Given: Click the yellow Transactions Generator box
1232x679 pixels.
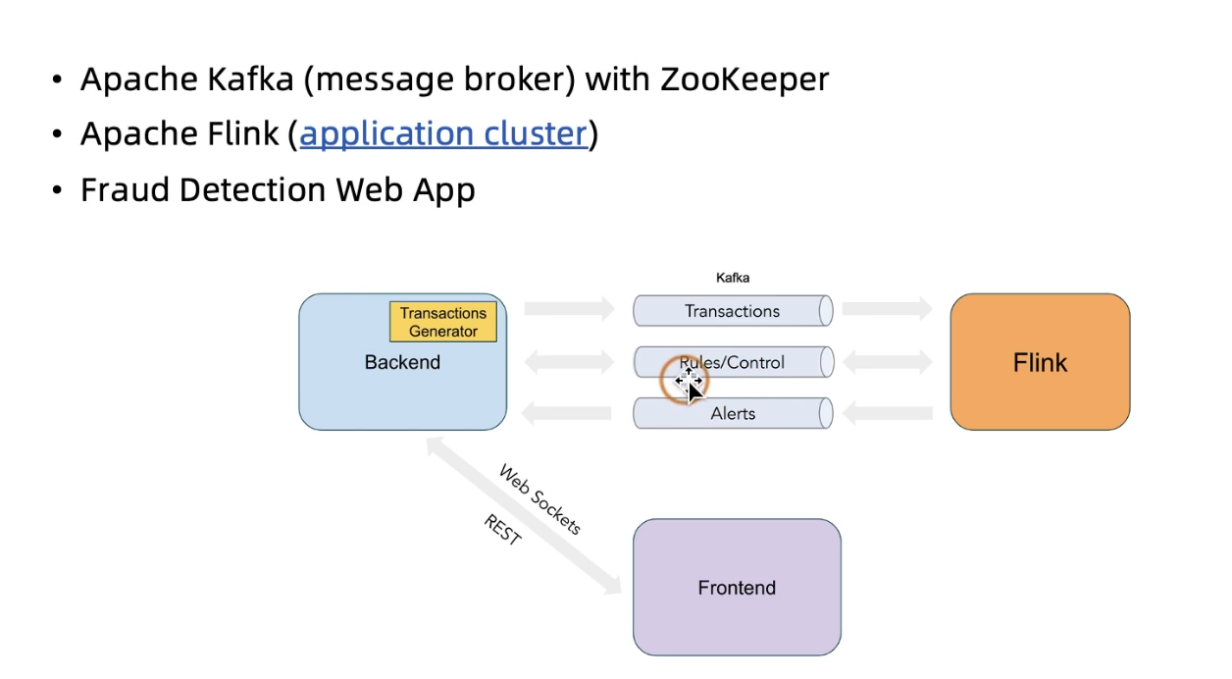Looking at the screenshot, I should [x=443, y=322].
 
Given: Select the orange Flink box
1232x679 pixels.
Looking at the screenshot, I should [x=1040, y=362].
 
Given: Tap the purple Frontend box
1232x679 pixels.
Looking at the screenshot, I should [x=737, y=587].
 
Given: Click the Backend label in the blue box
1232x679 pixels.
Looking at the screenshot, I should [x=402, y=362].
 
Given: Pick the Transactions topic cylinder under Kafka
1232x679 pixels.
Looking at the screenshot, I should [x=733, y=311].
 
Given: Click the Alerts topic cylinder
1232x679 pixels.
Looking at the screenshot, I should [x=733, y=413].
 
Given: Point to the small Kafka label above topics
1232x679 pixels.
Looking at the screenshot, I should [x=733, y=278].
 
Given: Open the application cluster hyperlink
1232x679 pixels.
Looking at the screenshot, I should [x=443, y=133].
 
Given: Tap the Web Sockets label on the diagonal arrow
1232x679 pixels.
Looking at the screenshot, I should [x=540, y=499].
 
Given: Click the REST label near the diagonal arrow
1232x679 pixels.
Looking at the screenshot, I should [x=502, y=530].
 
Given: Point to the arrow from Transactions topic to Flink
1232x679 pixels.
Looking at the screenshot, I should [x=887, y=310].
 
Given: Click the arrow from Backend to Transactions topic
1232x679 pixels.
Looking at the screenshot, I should [x=569, y=310].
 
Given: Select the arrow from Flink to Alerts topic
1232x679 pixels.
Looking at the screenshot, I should [x=887, y=414].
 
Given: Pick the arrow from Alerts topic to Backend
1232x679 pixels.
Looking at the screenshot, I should [x=566, y=414].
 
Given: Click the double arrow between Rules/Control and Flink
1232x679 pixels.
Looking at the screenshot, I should [x=887, y=362].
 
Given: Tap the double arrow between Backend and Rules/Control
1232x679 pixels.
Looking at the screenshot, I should [x=569, y=362].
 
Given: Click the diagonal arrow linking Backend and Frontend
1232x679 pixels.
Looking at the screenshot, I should [x=524, y=515].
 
